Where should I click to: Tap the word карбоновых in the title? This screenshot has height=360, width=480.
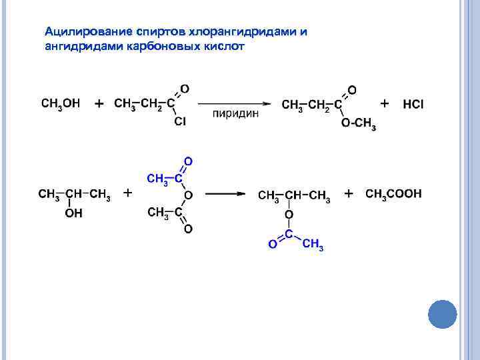coord(160,47)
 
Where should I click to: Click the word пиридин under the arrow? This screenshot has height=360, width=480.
coord(235,114)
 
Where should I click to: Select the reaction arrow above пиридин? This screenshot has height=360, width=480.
coord(235,103)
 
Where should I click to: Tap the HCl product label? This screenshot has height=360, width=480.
coord(413,105)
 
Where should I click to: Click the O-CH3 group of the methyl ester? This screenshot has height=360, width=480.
coord(358,124)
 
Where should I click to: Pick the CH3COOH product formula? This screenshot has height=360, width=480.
coord(394,194)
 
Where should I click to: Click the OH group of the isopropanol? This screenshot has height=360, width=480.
coord(73,213)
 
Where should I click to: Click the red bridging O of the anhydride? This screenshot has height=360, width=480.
coord(189,195)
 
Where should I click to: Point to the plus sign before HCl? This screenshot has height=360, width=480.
coord(385,104)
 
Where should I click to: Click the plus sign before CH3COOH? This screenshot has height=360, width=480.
coord(349,193)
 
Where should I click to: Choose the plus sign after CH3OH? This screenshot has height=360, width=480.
coord(99,105)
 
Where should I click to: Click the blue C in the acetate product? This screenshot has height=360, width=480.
coord(289,233)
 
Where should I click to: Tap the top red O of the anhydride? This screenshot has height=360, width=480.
coord(188,161)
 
